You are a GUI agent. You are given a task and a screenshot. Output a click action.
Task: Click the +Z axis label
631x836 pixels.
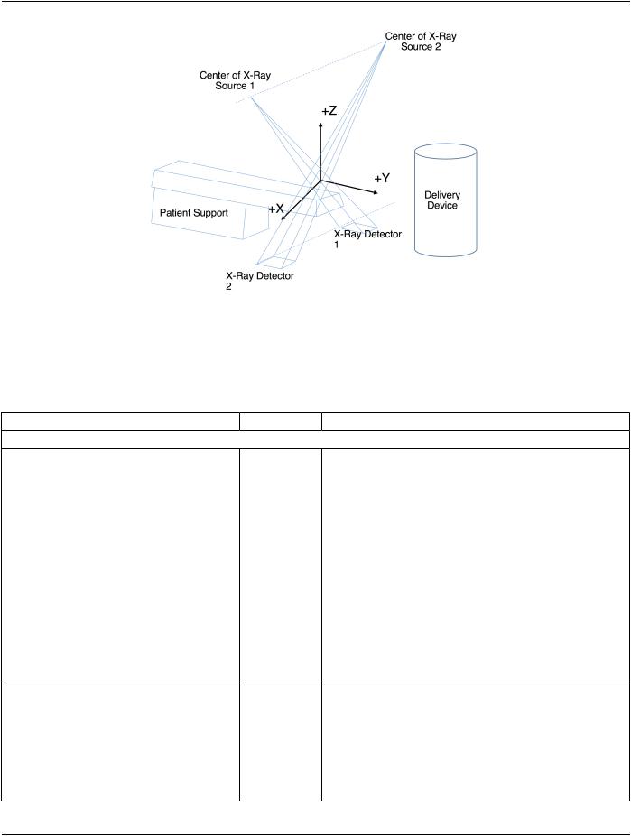[x=329, y=110]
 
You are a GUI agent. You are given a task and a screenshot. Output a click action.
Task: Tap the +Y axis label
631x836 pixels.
[x=382, y=178]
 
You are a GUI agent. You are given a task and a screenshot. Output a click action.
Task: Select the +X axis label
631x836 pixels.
[x=276, y=209]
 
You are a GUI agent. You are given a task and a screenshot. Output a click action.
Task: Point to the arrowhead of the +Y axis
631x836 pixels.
[x=376, y=191]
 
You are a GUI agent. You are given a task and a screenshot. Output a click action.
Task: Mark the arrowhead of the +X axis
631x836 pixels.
[x=283, y=217]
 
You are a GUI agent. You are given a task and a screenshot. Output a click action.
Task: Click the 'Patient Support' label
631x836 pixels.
[x=193, y=213]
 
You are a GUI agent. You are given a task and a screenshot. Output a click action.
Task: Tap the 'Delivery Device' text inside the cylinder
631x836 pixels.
[x=441, y=200]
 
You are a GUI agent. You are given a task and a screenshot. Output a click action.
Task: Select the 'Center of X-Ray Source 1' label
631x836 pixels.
[x=235, y=79]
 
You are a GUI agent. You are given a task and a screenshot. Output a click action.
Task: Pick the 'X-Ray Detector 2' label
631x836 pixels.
[x=260, y=281]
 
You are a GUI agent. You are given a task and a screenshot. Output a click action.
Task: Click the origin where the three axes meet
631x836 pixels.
[x=320, y=181]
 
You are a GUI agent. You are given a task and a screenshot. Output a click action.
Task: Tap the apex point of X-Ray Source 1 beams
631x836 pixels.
[x=251, y=98]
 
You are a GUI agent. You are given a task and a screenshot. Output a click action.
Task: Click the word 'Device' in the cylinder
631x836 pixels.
[x=442, y=206]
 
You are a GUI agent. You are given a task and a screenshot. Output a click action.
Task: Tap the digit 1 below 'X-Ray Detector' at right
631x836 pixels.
[x=336, y=245]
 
